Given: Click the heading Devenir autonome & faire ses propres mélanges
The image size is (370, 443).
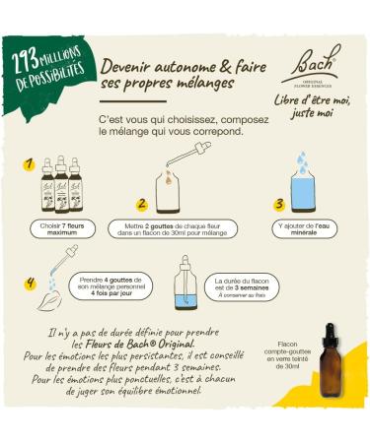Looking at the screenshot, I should click(x=168, y=74).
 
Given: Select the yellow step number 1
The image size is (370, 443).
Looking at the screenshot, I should click(x=30, y=164).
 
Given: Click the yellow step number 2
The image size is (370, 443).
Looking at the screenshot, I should click(x=142, y=204).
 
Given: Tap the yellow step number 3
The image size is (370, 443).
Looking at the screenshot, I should click(x=279, y=204).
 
